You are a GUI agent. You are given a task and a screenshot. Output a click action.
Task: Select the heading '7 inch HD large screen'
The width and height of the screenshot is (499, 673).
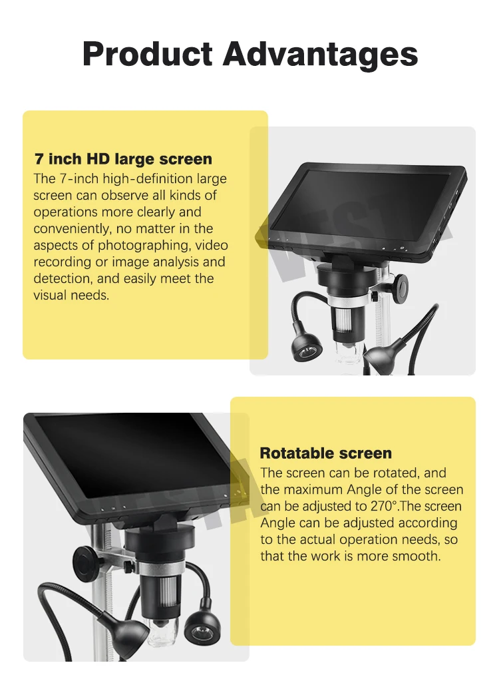click(123, 159)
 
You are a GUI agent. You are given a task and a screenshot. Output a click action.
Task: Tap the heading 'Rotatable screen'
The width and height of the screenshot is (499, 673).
click(325, 453)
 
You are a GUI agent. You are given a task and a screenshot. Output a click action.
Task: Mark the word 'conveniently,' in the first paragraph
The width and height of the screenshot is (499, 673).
click(73, 229)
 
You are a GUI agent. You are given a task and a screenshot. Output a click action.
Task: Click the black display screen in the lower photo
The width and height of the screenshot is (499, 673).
click(126, 459)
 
